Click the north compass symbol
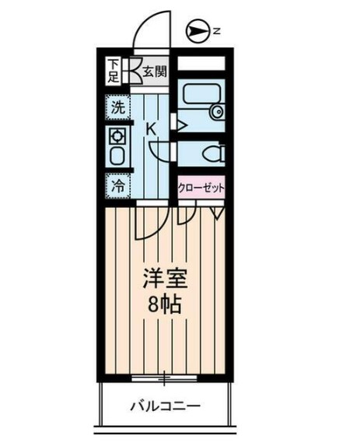pyautogui.click(x=198, y=31)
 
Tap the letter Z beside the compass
pyautogui.click(x=218, y=31)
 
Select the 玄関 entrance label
pyautogui.click(x=155, y=72)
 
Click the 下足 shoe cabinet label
pyautogui.click(x=114, y=71)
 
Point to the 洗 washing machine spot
pyautogui.click(x=117, y=109)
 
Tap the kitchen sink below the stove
pyautogui.click(x=117, y=156)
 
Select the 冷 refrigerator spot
pyautogui.click(x=117, y=186)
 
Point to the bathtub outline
pyautogui.click(x=194, y=102)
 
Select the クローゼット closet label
pyautogui.click(x=201, y=187)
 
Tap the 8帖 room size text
pyautogui.click(x=165, y=304)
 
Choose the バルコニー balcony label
pyautogui.click(x=165, y=406)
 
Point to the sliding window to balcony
pyautogui.click(x=164, y=379)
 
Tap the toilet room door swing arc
pyautogui.click(x=159, y=152)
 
